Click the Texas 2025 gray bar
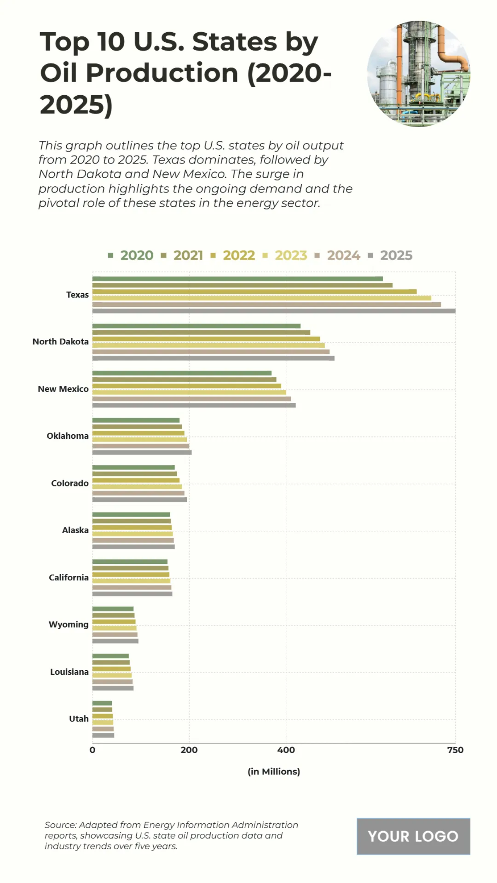click(273, 311)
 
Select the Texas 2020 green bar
click(237, 279)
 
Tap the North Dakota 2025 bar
click(213, 358)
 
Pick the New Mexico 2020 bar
click(182, 373)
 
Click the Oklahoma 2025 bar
click(142, 452)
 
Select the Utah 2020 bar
click(102, 703)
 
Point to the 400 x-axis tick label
click(286, 750)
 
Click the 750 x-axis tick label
click(455, 750)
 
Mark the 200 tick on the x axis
click(189, 750)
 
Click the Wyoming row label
click(69, 625)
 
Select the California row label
click(69, 577)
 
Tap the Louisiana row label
click(69, 672)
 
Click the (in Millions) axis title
click(274, 772)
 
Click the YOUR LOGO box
click(413, 836)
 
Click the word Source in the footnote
click(60, 825)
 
